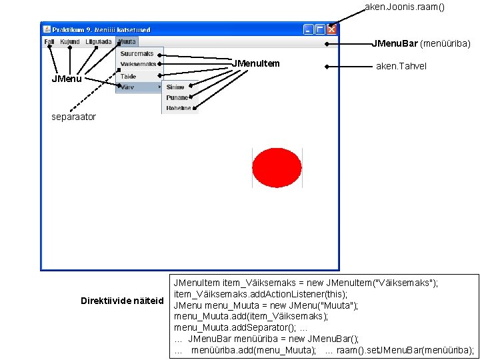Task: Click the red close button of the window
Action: coord(332,29)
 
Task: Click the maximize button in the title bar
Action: coord(320,29)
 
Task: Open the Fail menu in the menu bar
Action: coord(49,41)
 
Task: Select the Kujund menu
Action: coord(69,41)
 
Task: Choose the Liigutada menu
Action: coord(98,41)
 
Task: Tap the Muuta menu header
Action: coord(127,41)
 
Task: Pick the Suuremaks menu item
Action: coord(137,54)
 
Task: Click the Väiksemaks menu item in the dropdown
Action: coord(138,64)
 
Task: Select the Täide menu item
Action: coord(129,77)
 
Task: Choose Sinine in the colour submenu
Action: coord(175,87)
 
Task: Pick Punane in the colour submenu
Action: coord(177,98)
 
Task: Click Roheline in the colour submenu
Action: coord(179,108)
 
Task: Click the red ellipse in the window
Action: coord(277,167)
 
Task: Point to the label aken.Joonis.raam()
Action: coord(404,7)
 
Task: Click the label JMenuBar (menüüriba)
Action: coord(421,44)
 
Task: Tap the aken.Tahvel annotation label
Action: coord(401,66)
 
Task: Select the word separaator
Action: coord(74,117)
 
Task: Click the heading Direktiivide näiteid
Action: coord(122,301)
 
